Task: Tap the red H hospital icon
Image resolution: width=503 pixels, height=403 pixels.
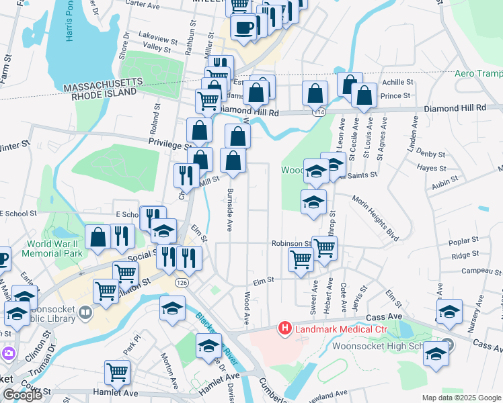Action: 284,328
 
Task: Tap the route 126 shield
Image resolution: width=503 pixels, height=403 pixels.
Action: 182,283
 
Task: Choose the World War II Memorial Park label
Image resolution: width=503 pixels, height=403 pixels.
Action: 53,249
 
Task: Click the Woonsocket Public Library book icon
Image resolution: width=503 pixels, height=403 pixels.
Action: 85,312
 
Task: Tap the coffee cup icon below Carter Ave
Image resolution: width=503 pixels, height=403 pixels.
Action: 243,28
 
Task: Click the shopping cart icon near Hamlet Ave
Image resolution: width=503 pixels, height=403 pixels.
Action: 117,373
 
